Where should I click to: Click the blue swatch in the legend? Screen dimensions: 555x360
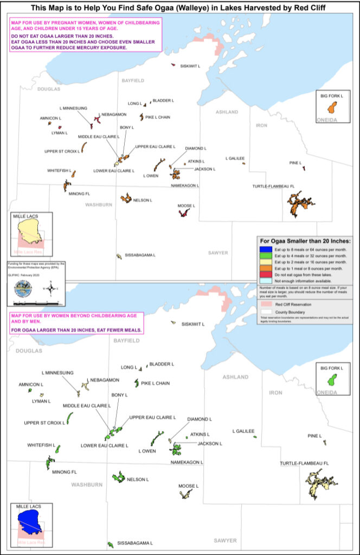click(264, 248)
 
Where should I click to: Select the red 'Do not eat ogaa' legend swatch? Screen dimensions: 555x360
click(264, 274)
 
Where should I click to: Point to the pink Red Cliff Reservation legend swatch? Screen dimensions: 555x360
click(264, 305)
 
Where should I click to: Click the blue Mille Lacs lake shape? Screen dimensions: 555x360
click(29, 521)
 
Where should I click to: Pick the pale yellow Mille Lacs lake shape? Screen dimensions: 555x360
click(29, 230)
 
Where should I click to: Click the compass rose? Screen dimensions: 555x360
click(50, 288)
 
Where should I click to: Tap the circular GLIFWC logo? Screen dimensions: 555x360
click(21, 288)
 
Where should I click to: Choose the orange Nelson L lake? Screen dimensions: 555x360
click(126, 198)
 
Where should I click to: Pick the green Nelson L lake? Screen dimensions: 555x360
click(118, 477)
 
